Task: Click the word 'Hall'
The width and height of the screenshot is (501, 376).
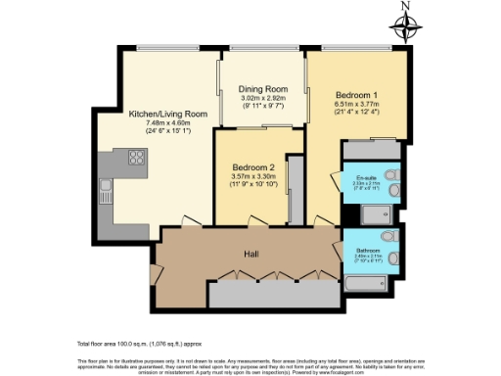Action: point(251,255)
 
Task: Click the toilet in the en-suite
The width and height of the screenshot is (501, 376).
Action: point(391,175)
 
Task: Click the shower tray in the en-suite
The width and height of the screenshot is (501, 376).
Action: point(373,213)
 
